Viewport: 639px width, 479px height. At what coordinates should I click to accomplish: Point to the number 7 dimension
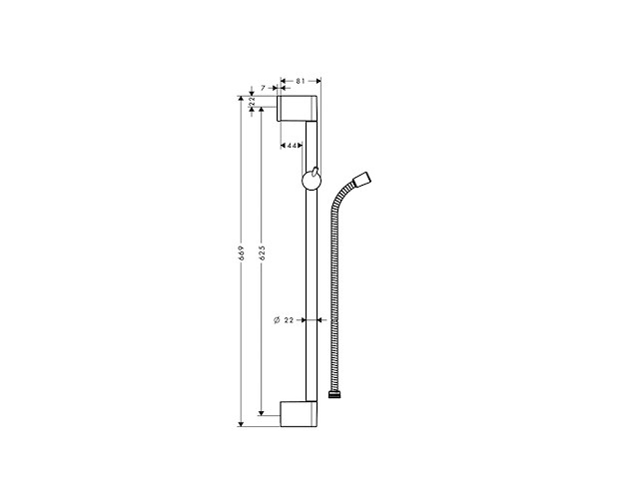point(263,88)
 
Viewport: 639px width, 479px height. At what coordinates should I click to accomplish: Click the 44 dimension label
point(293,147)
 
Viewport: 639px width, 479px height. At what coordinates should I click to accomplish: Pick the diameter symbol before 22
point(276,320)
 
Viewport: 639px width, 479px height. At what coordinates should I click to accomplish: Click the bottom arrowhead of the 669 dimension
point(241,422)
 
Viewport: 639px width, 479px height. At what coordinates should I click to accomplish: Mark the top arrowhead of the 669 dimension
point(241,98)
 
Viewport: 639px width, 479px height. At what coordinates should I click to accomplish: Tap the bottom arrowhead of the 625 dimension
point(262,412)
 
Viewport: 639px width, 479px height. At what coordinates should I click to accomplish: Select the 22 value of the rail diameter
point(290,320)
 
